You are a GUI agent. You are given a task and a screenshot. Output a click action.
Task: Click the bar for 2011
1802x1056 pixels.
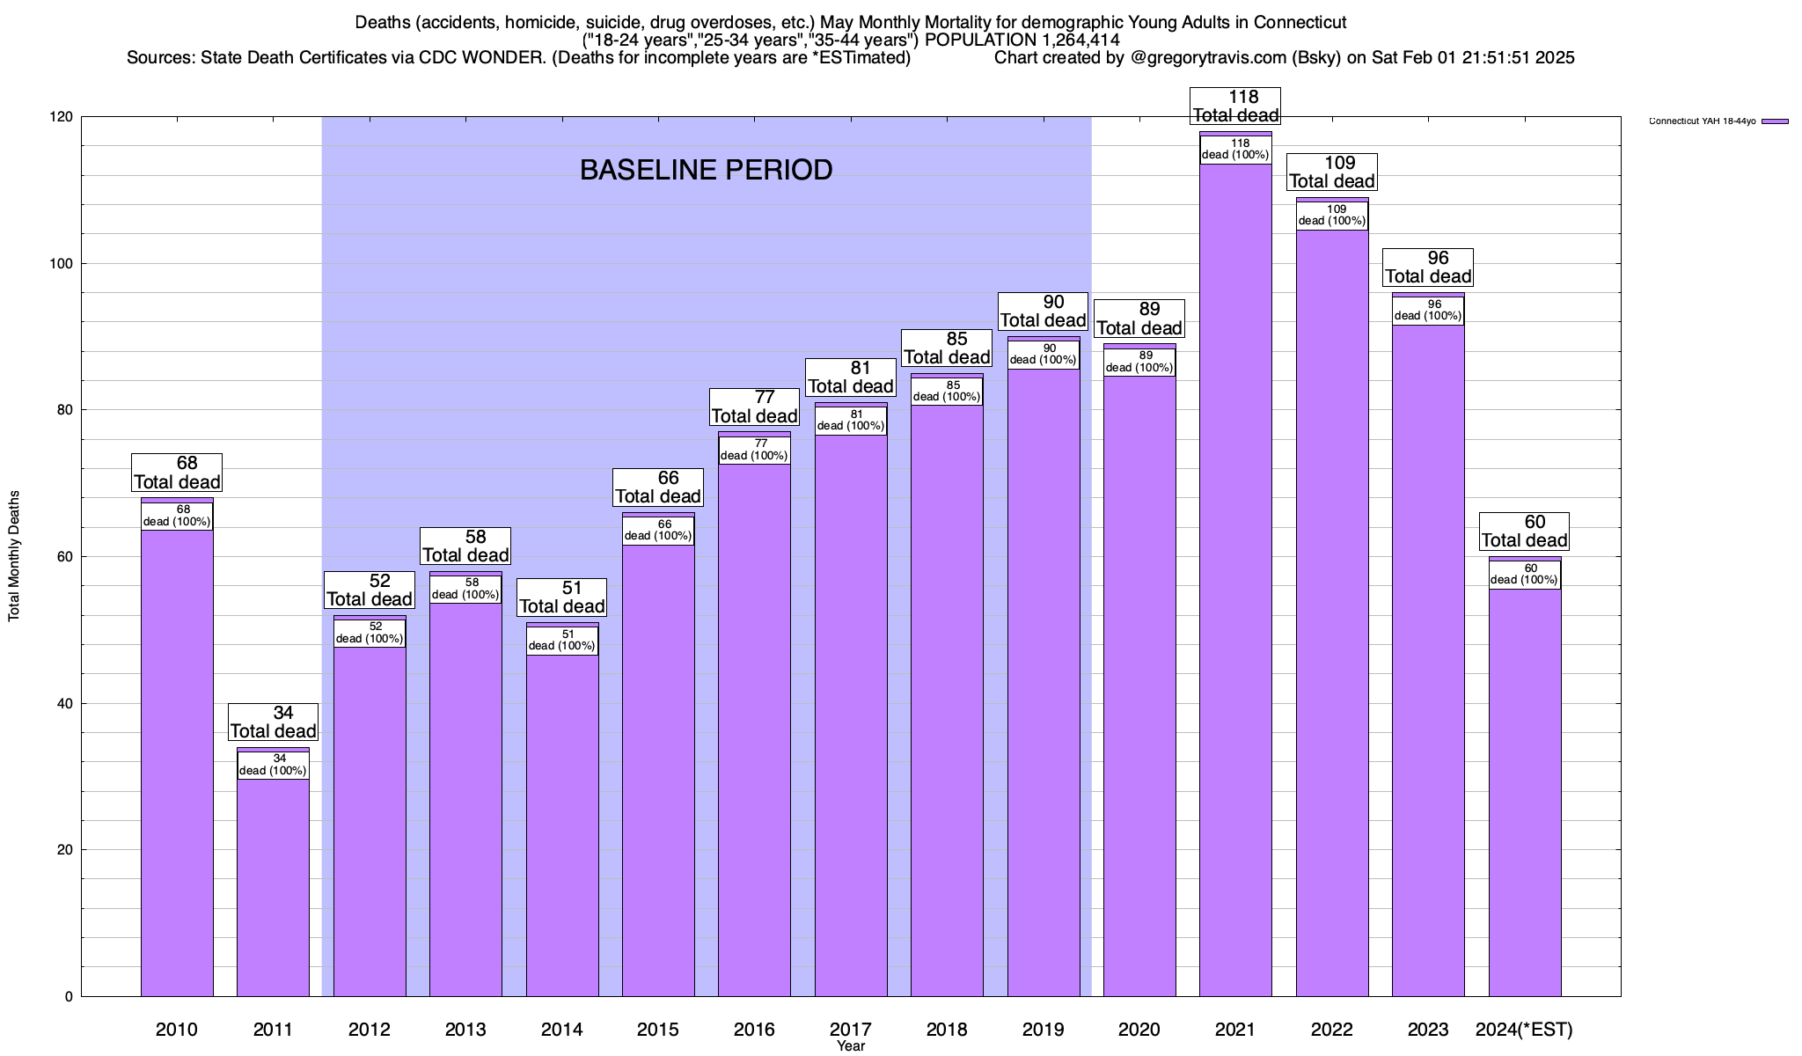pos(273,889)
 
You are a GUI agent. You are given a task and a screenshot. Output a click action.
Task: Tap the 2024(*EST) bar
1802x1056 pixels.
pos(1525,792)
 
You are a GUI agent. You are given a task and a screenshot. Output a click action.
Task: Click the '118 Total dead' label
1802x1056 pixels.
pos(1235,106)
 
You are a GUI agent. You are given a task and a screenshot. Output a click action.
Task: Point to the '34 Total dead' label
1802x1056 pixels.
pos(273,722)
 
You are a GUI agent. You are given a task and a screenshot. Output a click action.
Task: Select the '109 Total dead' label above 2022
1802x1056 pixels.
pos(1331,172)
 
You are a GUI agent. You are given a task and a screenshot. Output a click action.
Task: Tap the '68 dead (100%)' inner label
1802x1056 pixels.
pos(177,516)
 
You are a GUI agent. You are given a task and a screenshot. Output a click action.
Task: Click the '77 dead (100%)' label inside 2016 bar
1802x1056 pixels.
pos(754,450)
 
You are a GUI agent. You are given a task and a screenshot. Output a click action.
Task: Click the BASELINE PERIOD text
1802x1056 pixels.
pos(706,170)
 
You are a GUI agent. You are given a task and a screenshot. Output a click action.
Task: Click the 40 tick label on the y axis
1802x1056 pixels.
pos(66,704)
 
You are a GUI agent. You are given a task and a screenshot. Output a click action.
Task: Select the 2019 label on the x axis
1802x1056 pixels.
pos(1043,1030)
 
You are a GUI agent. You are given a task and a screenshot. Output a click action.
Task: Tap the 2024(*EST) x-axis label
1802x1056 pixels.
pos(1524,1030)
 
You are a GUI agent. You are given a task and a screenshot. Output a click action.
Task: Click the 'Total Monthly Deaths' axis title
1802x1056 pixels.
pos(14,556)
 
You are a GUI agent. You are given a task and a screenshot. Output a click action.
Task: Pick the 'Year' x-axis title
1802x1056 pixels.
pos(851,1046)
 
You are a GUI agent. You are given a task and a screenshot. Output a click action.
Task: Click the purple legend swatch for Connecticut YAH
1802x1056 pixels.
pos(1776,121)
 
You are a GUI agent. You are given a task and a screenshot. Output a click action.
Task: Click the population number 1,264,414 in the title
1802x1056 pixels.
pos(1068,40)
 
